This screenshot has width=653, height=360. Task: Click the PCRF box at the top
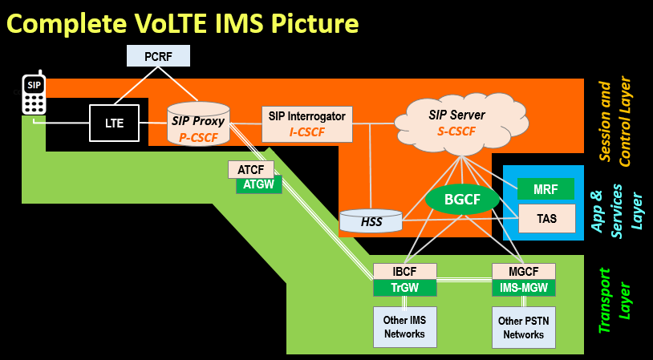point(160,56)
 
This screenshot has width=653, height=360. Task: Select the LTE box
point(114,123)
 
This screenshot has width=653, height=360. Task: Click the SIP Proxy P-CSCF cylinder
point(198,123)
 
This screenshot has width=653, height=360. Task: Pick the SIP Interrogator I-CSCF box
point(307,123)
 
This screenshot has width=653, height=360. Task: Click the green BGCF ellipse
point(461,200)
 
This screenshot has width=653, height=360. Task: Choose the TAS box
point(546,217)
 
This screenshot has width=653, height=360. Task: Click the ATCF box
point(251,169)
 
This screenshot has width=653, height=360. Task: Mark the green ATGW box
point(258,185)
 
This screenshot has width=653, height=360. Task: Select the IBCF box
point(405,271)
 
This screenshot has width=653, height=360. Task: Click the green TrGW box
point(405,288)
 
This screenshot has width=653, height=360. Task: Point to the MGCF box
point(523,271)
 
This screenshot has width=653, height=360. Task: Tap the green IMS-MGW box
point(523,288)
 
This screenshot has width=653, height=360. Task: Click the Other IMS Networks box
point(405,326)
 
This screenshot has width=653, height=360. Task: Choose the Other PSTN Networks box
point(523,326)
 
